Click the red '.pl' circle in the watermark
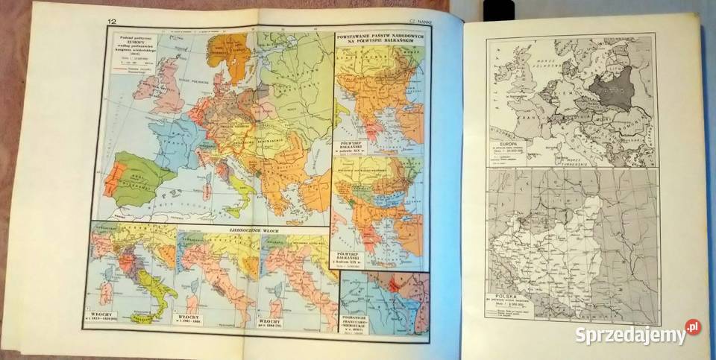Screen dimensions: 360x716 tap(694, 326)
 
